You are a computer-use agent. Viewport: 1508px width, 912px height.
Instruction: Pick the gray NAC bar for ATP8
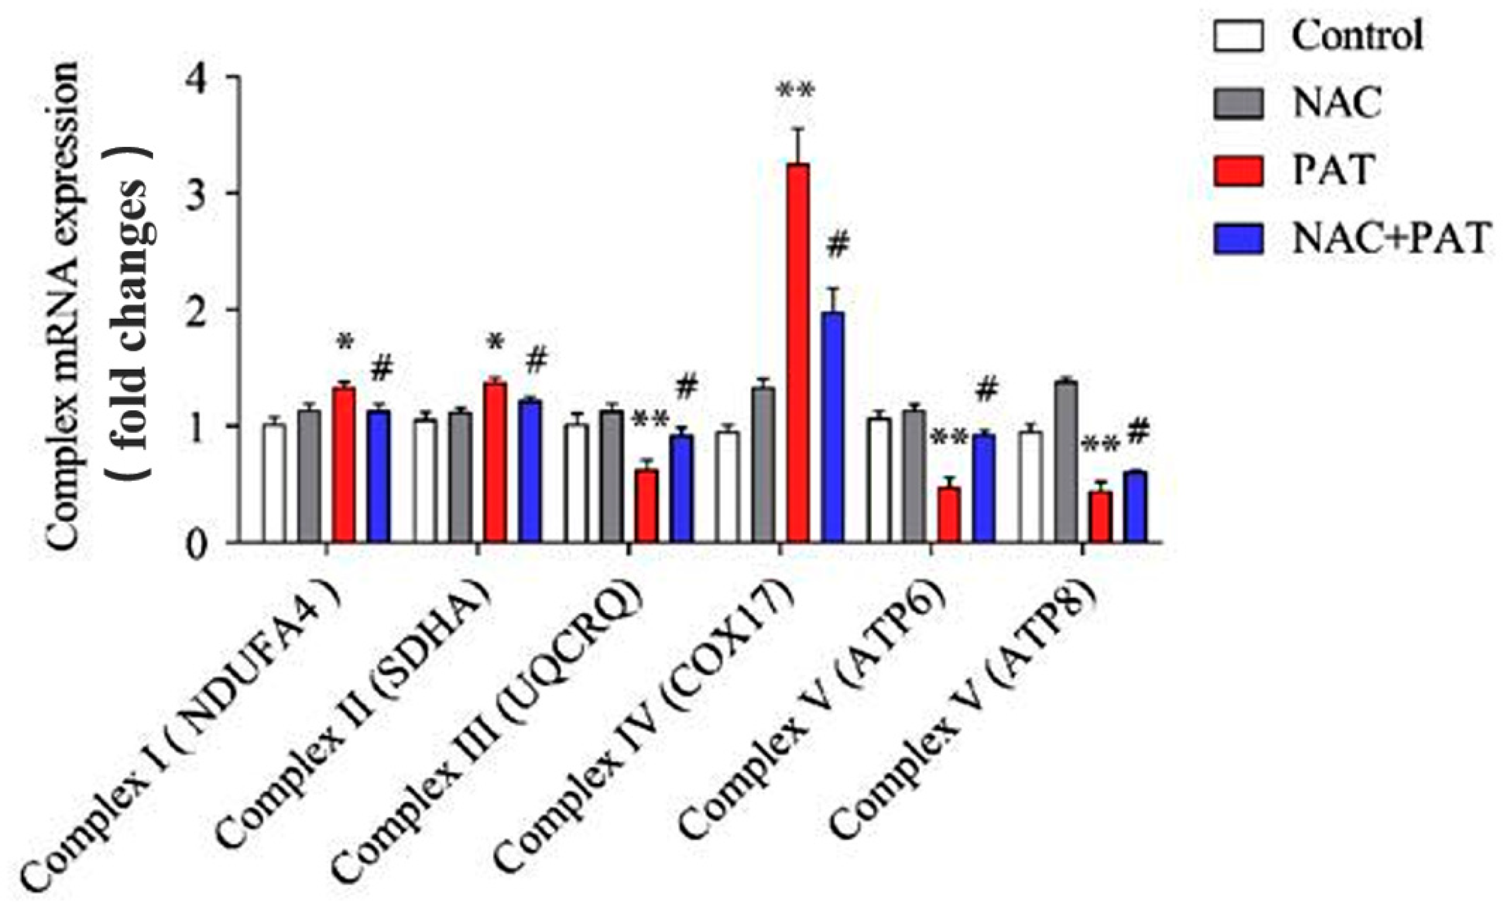coord(1066,462)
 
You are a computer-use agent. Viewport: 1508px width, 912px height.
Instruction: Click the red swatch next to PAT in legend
coord(1239,171)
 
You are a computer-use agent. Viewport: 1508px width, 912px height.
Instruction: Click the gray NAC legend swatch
coord(1239,103)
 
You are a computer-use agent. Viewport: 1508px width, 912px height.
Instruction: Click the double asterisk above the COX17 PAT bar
coord(795,92)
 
